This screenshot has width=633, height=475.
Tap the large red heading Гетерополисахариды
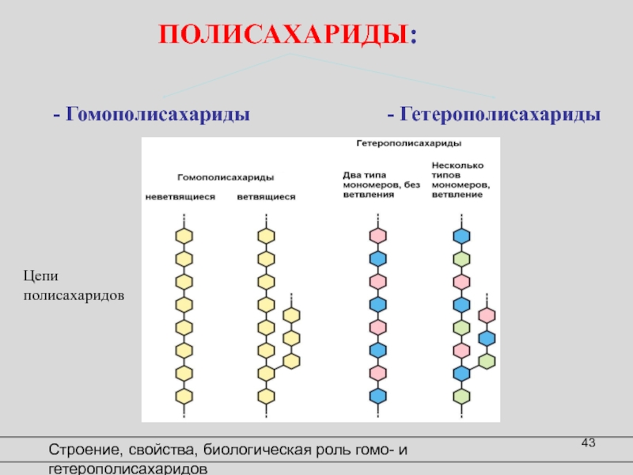[x=494, y=114]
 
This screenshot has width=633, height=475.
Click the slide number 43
[x=587, y=442]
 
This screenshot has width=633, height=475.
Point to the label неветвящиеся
[x=180, y=196]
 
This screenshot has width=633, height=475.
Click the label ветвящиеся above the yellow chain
[x=266, y=196]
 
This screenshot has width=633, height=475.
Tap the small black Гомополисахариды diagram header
[x=226, y=177]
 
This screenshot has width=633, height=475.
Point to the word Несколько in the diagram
[x=457, y=165]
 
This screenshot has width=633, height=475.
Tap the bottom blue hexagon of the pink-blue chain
[x=377, y=395]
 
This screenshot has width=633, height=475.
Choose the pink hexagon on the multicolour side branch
[x=487, y=315]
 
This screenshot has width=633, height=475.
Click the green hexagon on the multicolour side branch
[x=487, y=361]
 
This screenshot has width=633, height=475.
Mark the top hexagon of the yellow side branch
[x=292, y=315]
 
